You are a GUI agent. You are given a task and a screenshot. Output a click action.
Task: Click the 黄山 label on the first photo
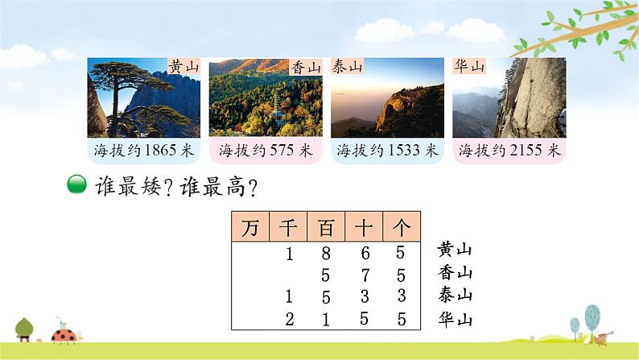pos(183,66)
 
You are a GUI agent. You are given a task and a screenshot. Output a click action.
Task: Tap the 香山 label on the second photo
pos(306,67)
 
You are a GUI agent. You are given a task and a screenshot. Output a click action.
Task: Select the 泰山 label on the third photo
pos(347,66)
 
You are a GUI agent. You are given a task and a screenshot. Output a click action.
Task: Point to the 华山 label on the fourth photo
pos(469,66)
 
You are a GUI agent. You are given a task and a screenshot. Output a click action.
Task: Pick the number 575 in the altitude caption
pos(281,150)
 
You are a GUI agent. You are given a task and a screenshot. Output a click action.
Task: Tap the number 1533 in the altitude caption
pos(404,150)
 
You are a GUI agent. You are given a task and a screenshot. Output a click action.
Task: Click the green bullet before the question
pos(76,184)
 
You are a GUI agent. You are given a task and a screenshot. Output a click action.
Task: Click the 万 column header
pos(249,226)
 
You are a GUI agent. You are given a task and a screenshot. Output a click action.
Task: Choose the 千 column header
pos(287,226)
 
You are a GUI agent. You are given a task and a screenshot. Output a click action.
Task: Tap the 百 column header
pos(326,226)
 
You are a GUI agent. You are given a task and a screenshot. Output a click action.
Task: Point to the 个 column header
pos(402,226)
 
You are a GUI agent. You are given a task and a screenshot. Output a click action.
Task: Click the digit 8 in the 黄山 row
pos(326,253)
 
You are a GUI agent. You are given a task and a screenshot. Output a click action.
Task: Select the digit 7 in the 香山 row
pos(365,275)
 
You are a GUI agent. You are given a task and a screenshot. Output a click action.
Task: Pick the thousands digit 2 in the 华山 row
pos(290,319)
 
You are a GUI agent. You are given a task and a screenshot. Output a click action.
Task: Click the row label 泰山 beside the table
pos(456,295)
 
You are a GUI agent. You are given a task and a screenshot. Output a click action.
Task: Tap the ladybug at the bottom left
pos(64,334)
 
